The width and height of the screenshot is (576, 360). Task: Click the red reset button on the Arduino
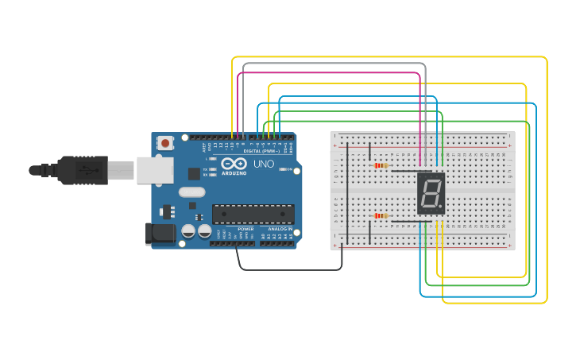point(164,143)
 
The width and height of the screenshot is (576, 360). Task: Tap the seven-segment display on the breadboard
point(431,193)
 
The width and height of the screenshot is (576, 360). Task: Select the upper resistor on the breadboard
point(381,165)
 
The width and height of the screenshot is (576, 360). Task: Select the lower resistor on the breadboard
point(381,215)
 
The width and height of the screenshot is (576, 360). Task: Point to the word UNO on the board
point(264,164)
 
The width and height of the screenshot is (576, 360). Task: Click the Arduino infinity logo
point(234,164)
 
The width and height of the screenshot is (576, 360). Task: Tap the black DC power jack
point(159,233)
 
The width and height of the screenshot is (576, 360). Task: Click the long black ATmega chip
point(253,214)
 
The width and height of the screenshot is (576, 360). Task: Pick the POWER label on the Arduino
point(245,229)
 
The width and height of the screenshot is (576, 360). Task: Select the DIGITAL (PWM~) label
point(261,150)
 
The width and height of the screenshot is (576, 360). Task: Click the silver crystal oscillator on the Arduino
point(191,192)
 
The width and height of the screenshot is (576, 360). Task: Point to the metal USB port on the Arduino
point(155,169)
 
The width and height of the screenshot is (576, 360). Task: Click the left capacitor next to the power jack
point(188,231)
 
